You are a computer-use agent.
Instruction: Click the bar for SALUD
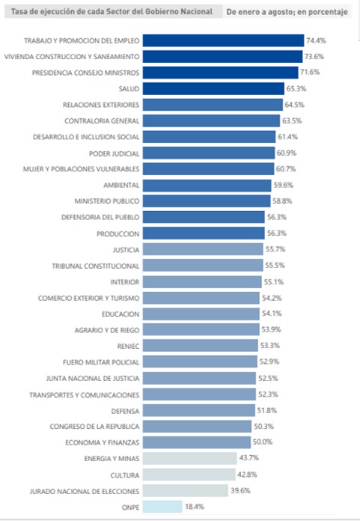pos(213,89)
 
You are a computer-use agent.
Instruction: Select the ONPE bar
pos(162,507)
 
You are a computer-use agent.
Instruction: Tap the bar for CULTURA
pos(189,475)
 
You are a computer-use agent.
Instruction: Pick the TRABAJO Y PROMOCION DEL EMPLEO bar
pos(224,40)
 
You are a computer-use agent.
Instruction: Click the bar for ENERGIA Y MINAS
pos(190,459)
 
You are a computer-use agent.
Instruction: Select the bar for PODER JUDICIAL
pos(209,153)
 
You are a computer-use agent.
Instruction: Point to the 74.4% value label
pos(316,40)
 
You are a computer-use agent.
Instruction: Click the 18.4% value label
pos(195,507)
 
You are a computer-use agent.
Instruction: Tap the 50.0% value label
pos(263,442)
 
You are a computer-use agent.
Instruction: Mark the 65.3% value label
pos(296,89)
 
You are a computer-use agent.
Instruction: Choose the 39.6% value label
pos(240,490)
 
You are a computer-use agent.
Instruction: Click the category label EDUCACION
pos(120,314)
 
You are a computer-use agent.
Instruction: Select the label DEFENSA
pos(125,411)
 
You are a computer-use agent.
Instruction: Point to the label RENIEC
pos(128,347)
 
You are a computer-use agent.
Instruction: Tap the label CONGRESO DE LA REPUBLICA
pos(94,426)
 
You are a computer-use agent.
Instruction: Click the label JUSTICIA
pos(126,250)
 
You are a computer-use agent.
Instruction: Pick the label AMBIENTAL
pos(121,185)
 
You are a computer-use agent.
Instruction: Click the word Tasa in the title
pos(18,12)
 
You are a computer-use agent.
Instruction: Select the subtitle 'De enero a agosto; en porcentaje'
pos(287,12)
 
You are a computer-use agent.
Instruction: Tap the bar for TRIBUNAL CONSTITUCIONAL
pos(203,266)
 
